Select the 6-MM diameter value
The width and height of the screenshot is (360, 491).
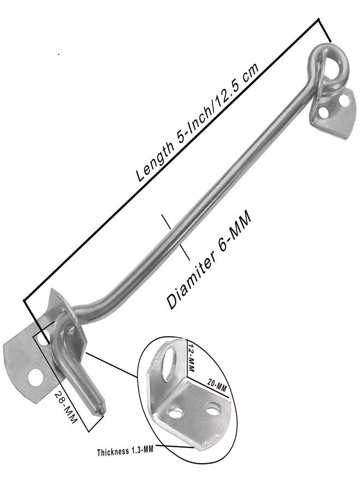click(x=234, y=230)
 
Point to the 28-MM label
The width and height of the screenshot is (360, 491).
click(x=66, y=408)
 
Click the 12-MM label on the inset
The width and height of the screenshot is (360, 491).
click(x=191, y=357)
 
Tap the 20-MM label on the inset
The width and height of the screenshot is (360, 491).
click(x=217, y=385)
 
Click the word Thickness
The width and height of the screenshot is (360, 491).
click(x=113, y=452)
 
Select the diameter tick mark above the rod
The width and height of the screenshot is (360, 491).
click(x=166, y=221)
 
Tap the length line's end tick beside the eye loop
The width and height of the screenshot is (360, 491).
click(x=325, y=31)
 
